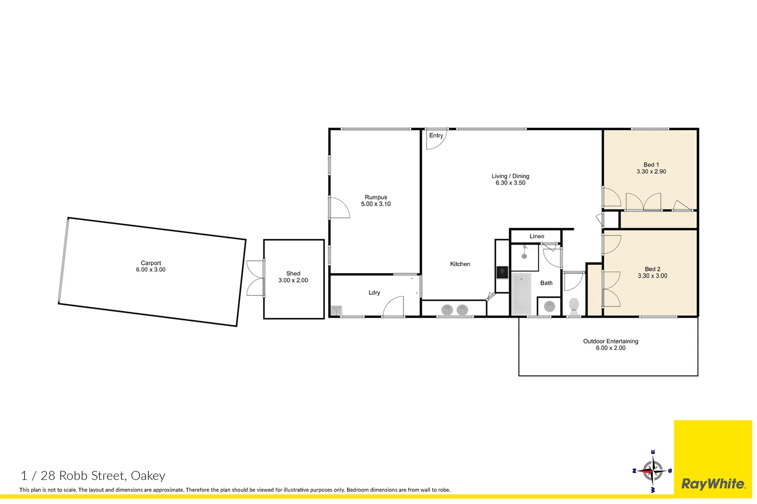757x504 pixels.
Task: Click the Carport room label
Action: (150, 263)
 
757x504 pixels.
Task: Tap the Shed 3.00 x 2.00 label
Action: (293, 277)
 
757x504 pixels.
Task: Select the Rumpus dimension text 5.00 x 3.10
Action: (375, 204)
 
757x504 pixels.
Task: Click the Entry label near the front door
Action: (436, 135)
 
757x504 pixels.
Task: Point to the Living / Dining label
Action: (510, 176)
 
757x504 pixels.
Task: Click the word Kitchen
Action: (460, 264)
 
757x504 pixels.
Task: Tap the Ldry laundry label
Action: (374, 293)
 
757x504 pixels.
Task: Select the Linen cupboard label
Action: (537, 236)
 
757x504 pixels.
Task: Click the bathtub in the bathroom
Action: (521, 294)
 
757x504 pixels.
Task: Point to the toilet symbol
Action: (574, 306)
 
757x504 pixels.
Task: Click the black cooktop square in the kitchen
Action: (502, 272)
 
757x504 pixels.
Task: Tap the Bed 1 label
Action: (651, 165)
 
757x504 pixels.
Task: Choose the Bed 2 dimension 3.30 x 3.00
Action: (652, 276)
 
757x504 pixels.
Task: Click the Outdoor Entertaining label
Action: (610, 341)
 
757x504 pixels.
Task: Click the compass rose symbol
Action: (652, 470)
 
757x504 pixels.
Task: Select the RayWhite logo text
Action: (713, 484)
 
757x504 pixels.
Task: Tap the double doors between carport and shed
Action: (255, 278)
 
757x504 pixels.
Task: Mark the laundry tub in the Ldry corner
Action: (336, 310)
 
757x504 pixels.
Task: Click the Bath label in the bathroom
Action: (546, 283)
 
